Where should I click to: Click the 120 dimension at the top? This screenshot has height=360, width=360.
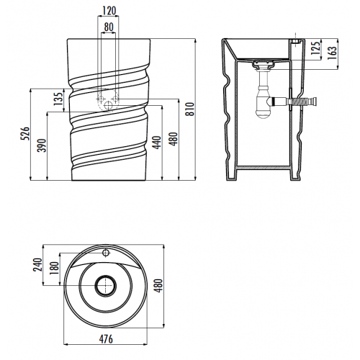pos(109,11)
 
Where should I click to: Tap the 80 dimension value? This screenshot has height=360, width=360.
pos(109,27)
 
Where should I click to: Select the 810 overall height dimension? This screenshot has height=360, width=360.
pos(190,109)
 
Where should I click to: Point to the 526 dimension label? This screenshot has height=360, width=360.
pos(25,134)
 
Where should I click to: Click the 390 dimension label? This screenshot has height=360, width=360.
pos(42,145)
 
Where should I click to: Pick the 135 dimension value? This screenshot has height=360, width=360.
pos(58,99)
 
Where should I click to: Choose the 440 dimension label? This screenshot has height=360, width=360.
pos(157,143)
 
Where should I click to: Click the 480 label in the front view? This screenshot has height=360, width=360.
pos(174,139)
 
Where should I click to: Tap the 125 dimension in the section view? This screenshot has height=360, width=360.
pos(316,48)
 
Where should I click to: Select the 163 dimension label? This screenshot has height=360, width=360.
pos(332,53)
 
